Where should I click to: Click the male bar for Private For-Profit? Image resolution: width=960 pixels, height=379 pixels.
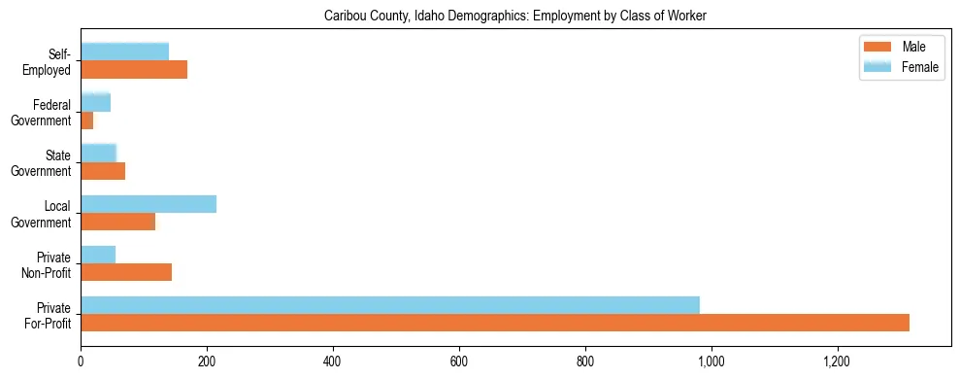pos(495,323)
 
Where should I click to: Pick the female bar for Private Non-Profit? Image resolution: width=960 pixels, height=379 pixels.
pos(98,255)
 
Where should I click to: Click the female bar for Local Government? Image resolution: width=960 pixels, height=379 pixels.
pos(149,204)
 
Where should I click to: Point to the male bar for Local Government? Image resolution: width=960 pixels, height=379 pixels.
pos(117,222)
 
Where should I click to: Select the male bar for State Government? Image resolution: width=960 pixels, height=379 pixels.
pos(103,171)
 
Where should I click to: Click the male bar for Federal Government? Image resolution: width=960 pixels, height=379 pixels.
pos(87,121)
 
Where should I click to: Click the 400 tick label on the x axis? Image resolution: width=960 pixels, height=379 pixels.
pos(333,362)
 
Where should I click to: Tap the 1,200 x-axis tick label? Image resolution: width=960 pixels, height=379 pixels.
pos(837,362)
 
